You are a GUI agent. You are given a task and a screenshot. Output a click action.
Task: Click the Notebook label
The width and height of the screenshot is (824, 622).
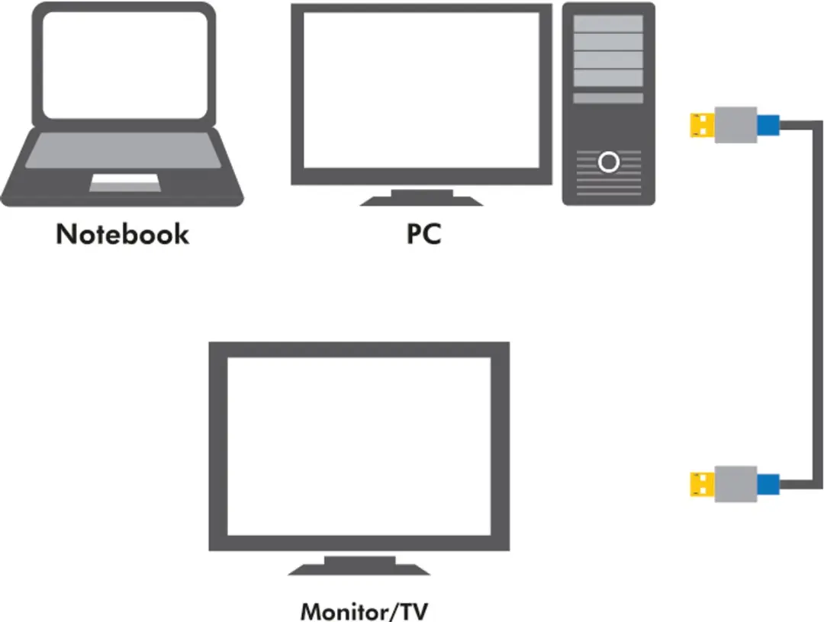pyautogui.click(x=122, y=233)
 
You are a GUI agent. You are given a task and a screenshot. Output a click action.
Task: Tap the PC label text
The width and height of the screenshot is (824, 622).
pyautogui.click(x=423, y=233)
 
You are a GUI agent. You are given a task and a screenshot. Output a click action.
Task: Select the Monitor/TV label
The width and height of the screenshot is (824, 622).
pyautogui.click(x=364, y=611)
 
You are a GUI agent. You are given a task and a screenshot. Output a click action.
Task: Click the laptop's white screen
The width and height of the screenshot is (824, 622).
pyautogui.click(x=125, y=65)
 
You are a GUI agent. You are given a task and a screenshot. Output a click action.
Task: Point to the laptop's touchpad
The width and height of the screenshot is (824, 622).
pyautogui.click(x=125, y=182)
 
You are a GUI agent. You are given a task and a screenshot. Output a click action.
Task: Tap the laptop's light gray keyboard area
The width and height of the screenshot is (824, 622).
pyautogui.click(x=124, y=150)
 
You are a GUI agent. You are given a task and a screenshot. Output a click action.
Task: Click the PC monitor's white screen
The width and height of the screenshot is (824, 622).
pyautogui.click(x=421, y=90)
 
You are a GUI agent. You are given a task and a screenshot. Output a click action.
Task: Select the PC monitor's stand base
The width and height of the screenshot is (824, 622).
pyautogui.click(x=421, y=199)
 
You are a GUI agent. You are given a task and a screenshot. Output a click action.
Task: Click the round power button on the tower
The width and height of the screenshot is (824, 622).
pyautogui.click(x=609, y=162)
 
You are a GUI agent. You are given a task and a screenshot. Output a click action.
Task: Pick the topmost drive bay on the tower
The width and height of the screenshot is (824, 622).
pyautogui.click(x=608, y=24)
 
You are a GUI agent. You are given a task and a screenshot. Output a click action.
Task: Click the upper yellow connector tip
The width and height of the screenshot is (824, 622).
pyautogui.click(x=702, y=125)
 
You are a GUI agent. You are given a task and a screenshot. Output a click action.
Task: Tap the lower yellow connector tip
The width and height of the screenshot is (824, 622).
pyautogui.click(x=702, y=485)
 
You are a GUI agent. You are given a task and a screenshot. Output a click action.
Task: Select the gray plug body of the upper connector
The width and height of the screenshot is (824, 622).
pyautogui.click(x=735, y=125)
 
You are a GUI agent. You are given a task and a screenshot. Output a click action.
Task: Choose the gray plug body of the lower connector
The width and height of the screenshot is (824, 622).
pyautogui.click(x=735, y=484)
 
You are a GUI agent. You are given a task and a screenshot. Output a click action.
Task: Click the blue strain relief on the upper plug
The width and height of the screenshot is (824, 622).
pyautogui.click(x=768, y=126)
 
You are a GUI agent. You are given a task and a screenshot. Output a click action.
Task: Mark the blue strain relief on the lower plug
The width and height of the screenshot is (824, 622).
pyautogui.click(x=768, y=485)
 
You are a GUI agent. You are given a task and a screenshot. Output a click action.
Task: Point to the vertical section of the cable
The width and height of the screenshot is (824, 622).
pyautogui.click(x=817, y=305)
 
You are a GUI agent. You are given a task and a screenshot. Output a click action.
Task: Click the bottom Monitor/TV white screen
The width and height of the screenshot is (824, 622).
pyautogui.click(x=359, y=446)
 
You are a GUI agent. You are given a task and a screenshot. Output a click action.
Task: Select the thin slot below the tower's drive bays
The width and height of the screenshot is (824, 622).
pyautogui.click(x=608, y=98)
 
